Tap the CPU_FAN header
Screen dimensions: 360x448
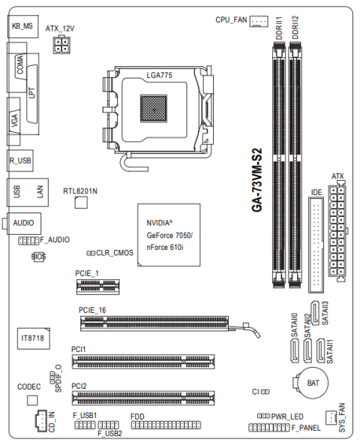click(259, 21)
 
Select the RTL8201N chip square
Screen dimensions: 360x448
click(81, 203)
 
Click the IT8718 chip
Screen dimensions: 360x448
click(34, 338)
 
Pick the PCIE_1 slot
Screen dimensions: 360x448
click(98, 287)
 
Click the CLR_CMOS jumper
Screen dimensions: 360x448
click(91, 253)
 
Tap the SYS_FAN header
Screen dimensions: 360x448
click(331, 418)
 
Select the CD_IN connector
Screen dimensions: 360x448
click(41, 420)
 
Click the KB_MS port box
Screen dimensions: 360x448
click(22, 26)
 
